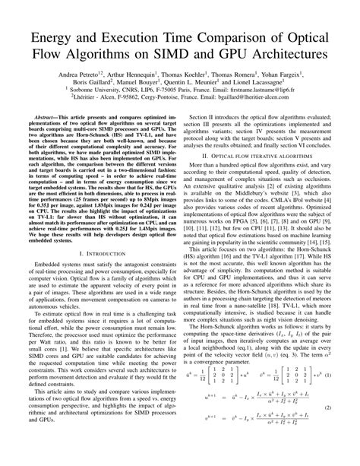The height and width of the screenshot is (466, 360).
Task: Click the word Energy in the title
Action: tap(55, 39)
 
